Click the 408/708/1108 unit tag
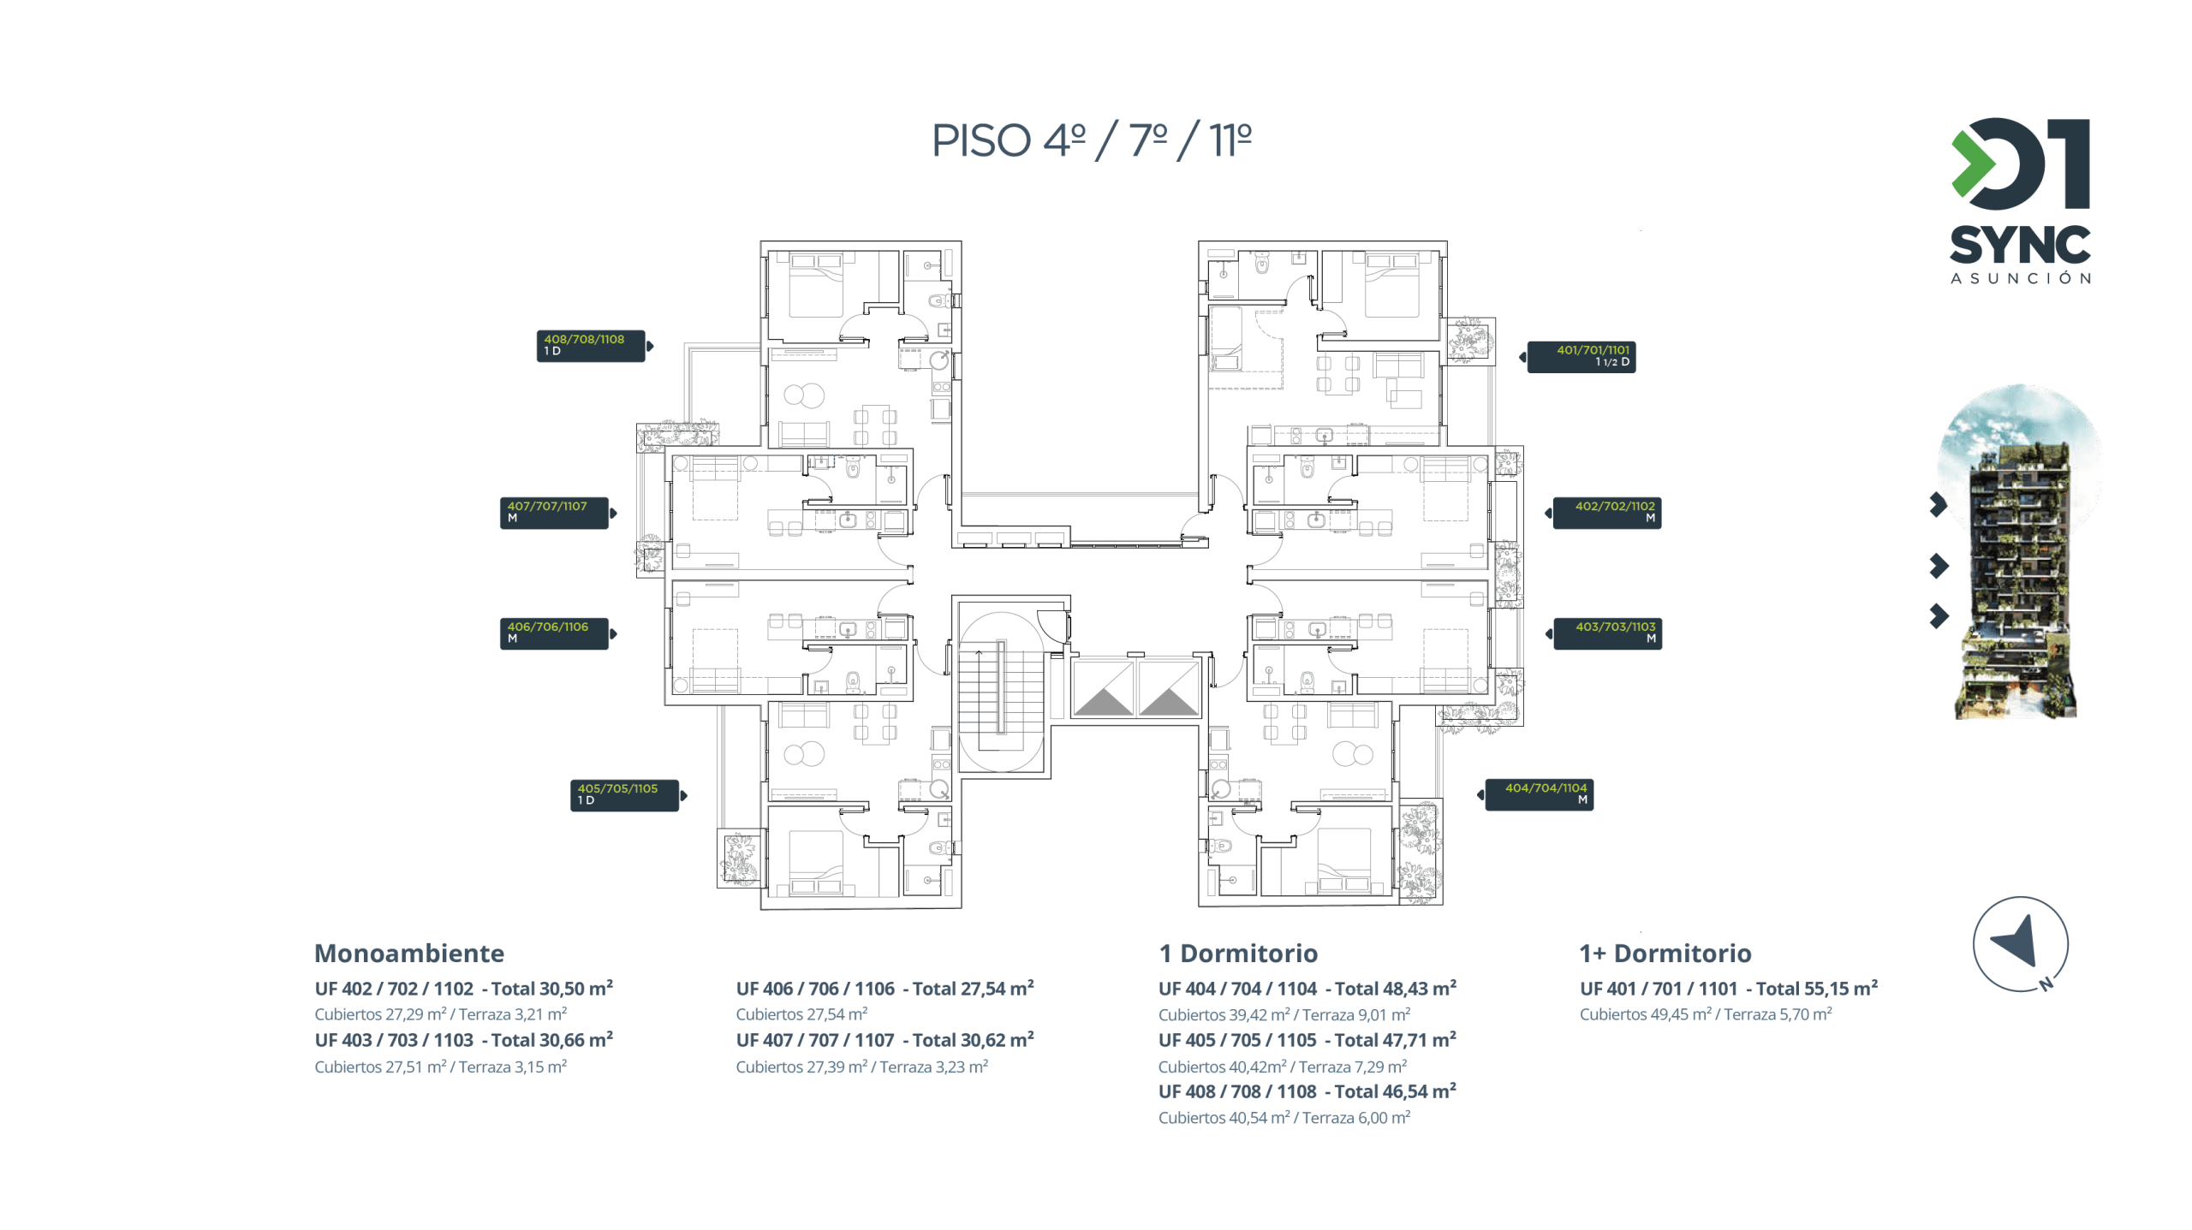590,346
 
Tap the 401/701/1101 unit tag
1581,357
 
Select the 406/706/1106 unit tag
554,633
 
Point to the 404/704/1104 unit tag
1539,794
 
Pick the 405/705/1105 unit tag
624,795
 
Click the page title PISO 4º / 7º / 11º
1091,141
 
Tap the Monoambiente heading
409,953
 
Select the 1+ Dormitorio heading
1665,953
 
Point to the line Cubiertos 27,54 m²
801,1014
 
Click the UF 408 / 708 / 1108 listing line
1307,1091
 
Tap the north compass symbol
2020,944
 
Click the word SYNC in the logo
2020,246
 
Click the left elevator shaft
1103,687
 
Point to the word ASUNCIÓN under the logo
2020,278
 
